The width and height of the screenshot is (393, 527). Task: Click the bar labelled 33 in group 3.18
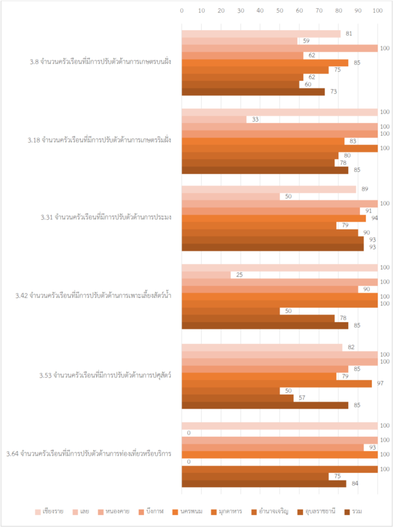point(214,119)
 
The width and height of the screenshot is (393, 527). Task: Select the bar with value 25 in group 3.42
point(206,275)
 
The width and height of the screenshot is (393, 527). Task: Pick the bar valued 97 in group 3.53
point(277,383)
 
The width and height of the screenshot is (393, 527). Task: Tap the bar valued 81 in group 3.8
point(261,34)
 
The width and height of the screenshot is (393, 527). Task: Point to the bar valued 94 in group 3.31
point(274,218)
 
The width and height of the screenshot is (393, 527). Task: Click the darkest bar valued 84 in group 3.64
point(264,483)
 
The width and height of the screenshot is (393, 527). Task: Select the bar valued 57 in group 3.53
point(238,398)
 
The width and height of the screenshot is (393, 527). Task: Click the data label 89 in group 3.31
point(365,189)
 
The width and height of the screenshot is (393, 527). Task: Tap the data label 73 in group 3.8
point(333,92)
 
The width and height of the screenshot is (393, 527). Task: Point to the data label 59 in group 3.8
point(306,41)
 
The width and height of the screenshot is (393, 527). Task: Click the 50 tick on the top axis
point(280,10)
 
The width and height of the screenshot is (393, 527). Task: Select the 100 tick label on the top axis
point(377,10)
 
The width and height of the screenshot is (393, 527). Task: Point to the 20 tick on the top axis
point(221,10)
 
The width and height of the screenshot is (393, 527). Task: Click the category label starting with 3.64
point(88,454)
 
